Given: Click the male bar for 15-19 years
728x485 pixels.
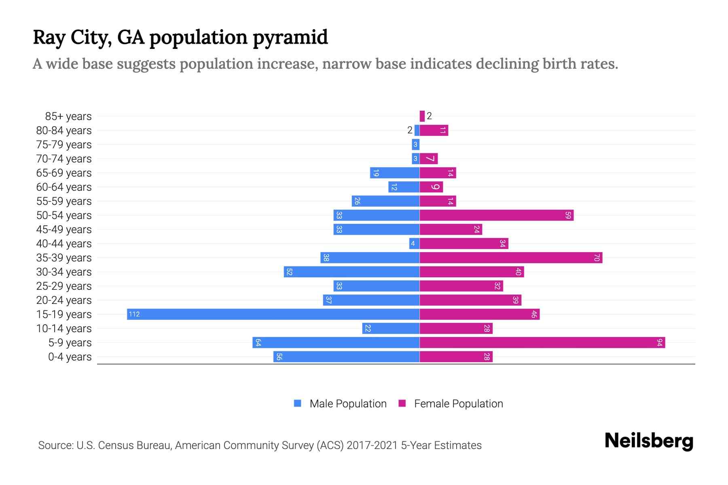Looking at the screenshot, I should click(x=273, y=314).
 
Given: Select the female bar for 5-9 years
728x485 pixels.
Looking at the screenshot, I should click(x=542, y=342).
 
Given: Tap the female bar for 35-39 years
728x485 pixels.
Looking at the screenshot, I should click(x=510, y=257).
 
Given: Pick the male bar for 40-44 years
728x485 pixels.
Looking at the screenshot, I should click(x=414, y=243).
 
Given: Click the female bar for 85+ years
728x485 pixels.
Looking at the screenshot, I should click(x=422, y=116).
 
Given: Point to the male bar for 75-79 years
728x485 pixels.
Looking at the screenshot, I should click(x=415, y=144).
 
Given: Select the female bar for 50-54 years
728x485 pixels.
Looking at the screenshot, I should click(x=496, y=215).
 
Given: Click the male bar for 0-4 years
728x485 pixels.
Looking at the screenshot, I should click(x=346, y=356).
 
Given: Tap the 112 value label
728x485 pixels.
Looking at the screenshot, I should click(x=134, y=314).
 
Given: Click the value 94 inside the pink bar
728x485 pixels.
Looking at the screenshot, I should click(x=660, y=342).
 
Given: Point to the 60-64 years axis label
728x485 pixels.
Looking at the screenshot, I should click(x=64, y=187).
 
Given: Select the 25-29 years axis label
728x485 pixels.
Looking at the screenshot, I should click(x=64, y=286).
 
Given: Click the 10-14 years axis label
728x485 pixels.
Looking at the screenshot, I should click(x=64, y=329).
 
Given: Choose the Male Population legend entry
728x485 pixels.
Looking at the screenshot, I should click(x=348, y=403).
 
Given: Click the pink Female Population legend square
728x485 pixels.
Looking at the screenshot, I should click(x=402, y=403).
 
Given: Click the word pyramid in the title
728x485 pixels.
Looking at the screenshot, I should click(x=290, y=37).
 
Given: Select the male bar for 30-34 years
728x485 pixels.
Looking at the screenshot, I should click(x=351, y=272).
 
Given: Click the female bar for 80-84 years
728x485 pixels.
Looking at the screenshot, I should click(x=434, y=130).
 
